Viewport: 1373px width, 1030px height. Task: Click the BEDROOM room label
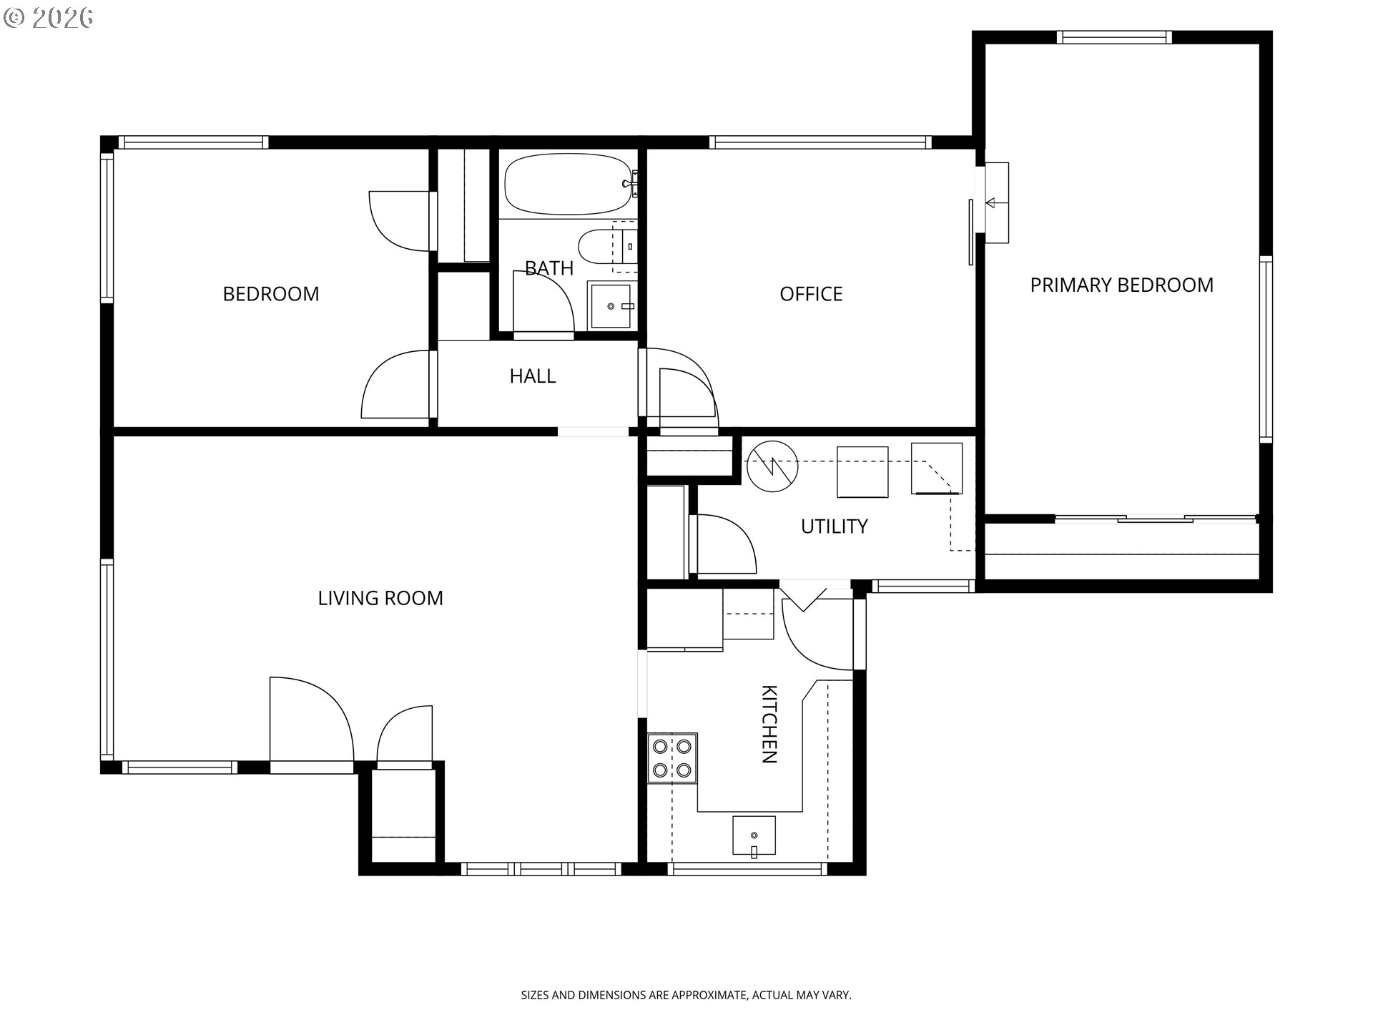tap(271, 294)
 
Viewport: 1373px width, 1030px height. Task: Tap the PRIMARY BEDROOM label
tap(1121, 285)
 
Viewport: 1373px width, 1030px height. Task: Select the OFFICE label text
tap(811, 294)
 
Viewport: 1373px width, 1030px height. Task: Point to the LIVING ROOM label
tap(380, 598)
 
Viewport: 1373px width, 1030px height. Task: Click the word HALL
tap(533, 376)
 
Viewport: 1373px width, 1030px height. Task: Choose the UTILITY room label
tap(834, 526)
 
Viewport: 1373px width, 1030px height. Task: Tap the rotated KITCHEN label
tap(769, 724)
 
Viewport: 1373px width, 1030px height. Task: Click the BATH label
tap(549, 268)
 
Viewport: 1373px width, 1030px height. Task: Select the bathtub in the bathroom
tap(569, 184)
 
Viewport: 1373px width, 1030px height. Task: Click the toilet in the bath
tap(607, 247)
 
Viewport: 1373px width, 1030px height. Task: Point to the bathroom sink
tap(611, 306)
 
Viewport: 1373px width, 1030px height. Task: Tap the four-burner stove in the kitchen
tap(672, 758)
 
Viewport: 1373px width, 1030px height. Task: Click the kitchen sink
tap(754, 835)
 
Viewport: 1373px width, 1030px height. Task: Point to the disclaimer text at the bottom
tap(686, 995)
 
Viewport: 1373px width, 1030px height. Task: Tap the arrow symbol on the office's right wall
tap(990, 203)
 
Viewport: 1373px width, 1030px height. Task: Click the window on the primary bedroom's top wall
tap(1114, 37)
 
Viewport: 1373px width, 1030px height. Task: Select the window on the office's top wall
tap(820, 142)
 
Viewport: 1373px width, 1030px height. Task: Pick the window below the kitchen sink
tap(747, 869)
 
